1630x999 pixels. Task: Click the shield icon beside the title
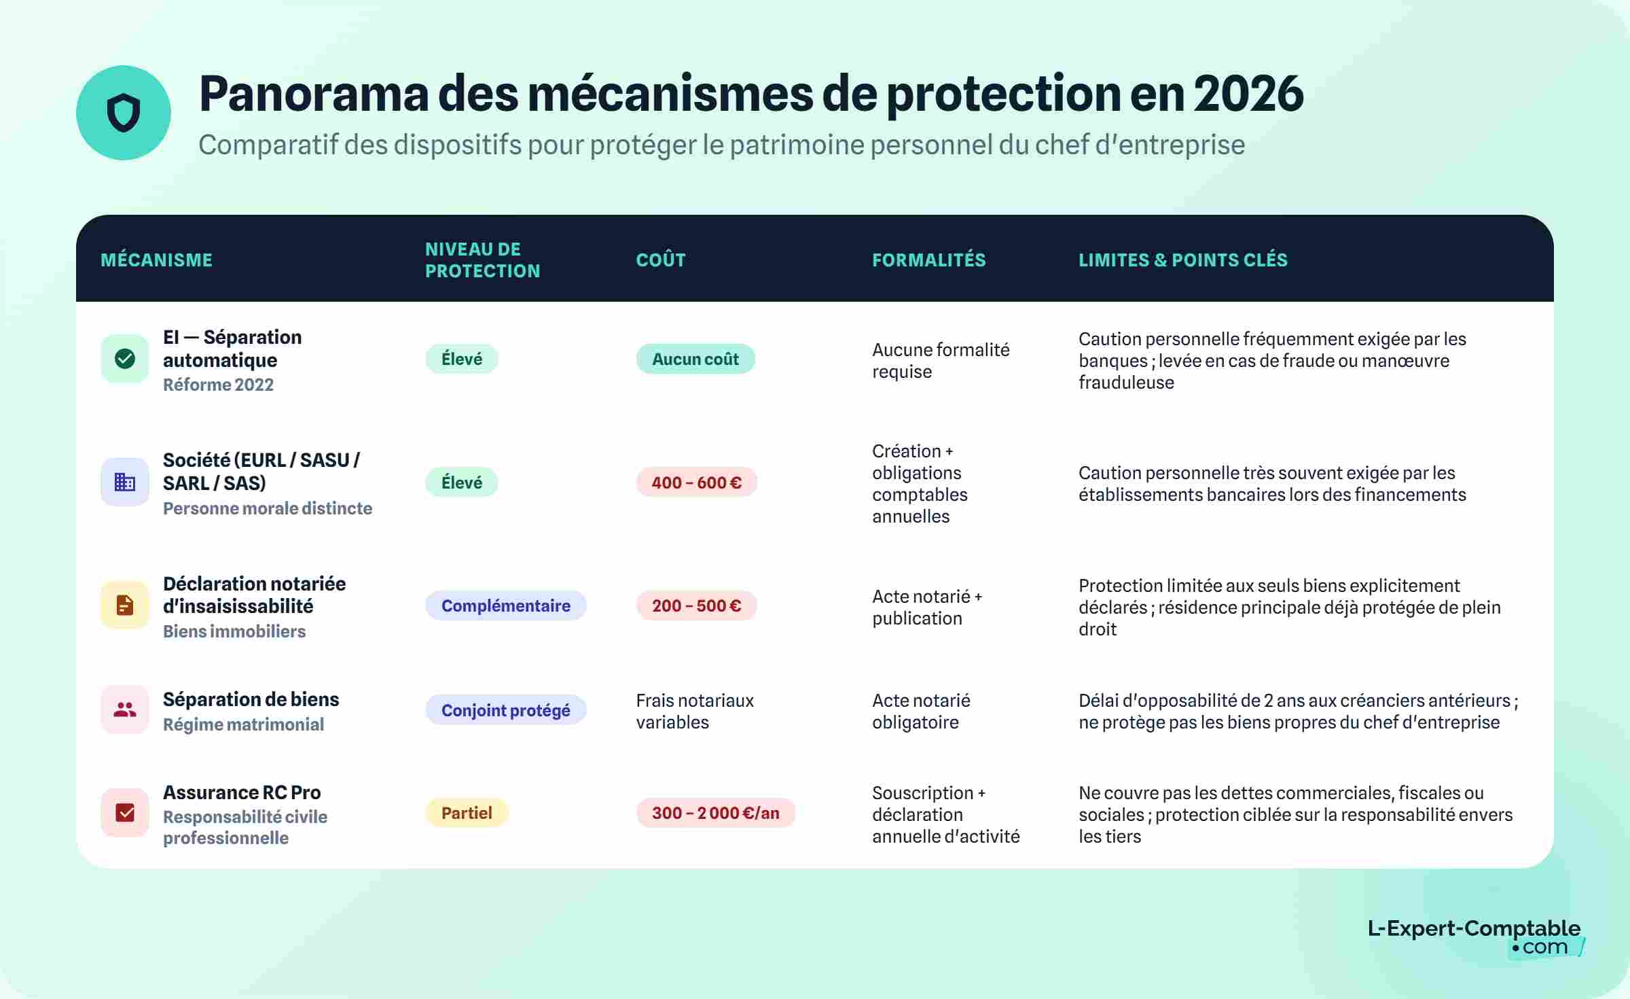click(x=124, y=113)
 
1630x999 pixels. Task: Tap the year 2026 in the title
click(x=1248, y=94)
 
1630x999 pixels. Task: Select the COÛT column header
click(x=661, y=260)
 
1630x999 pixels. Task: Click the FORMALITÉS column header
click(x=928, y=260)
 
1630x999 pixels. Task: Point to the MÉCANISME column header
click(x=156, y=260)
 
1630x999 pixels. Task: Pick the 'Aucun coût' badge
click(x=695, y=359)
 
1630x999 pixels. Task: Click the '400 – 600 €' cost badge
click(x=696, y=483)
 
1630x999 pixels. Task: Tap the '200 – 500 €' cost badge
click(x=696, y=606)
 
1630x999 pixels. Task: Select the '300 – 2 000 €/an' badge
click(x=715, y=813)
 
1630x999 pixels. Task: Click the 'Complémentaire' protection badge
click(x=505, y=606)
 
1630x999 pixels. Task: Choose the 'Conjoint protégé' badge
click(x=505, y=710)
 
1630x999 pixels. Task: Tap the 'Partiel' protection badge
click(x=467, y=813)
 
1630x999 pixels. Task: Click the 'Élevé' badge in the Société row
click(x=462, y=483)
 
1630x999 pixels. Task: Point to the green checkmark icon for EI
click(x=125, y=359)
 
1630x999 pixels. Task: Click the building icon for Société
click(x=125, y=483)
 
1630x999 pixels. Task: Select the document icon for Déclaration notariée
click(x=125, y=605)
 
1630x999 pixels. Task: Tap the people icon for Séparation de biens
click(x=125, y=710)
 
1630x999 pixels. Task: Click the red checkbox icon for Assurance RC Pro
click(x=125, y=813)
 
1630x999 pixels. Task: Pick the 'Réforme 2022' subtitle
click(x=218, y=385)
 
